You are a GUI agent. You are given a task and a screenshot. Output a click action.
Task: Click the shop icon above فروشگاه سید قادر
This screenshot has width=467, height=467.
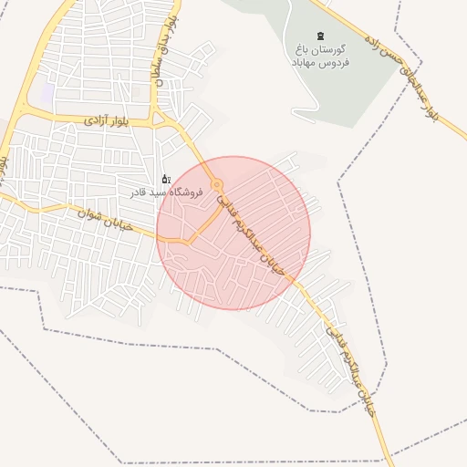[x=165, y=179]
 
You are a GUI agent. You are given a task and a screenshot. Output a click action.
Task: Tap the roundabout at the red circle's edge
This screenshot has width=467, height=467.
[x=217, y=185]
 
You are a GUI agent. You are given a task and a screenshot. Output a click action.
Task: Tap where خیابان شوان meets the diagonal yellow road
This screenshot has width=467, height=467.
[x=187, y=241]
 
